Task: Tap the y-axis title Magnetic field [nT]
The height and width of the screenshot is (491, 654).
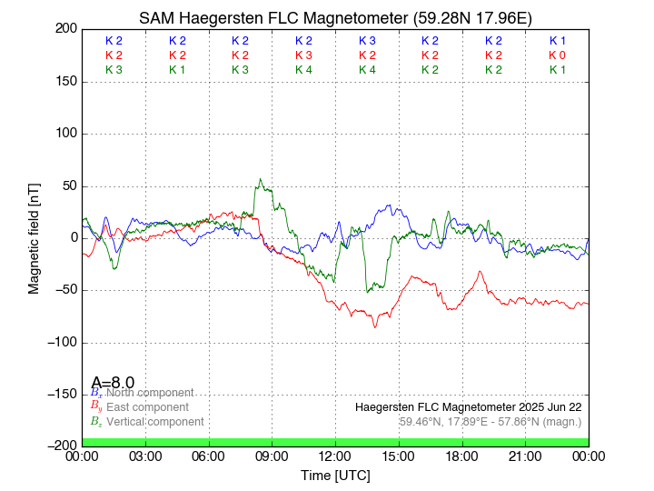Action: click(x=34, y=236)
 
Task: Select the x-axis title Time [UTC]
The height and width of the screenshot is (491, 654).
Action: click(x=335, y=476)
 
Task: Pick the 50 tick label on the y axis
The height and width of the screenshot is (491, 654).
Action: click(x=66, y=186)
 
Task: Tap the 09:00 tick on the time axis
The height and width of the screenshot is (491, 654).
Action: click(x=272, y=456)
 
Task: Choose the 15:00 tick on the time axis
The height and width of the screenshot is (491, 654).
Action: click(x=399, y=456)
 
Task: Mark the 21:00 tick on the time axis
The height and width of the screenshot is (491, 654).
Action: click(x=525, y=456)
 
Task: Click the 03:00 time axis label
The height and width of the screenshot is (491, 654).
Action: click(x=145, y=456)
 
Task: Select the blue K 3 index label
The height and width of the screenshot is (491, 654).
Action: click(x=367, y=41)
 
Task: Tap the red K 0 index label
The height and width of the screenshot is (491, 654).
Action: click(x=557, y=55)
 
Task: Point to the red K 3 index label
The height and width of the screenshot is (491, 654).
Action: click(x=303, y=55)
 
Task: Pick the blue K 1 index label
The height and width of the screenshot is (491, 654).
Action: click(x=557, y=41)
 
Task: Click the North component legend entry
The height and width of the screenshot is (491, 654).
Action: click(x=145, y=393)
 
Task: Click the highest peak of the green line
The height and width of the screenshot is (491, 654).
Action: click(x=260, y=179)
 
